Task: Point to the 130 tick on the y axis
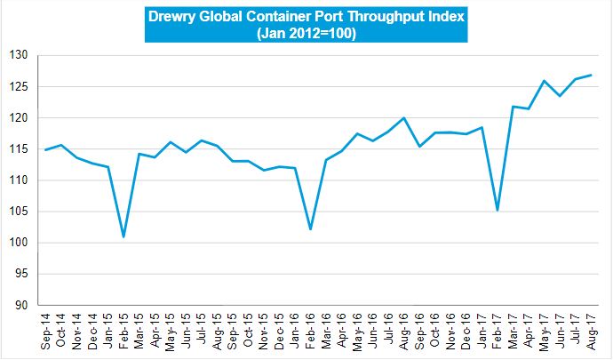(20, 55)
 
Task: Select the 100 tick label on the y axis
(20, 243)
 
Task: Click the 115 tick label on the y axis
(20, 149)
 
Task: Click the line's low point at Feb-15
(123, 236)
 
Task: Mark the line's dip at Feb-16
(310, 228)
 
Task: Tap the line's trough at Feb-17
(498, 210)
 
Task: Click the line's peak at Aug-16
(404, 117)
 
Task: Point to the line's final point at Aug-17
(592, 75)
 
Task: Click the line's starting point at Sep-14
(45, 149)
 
